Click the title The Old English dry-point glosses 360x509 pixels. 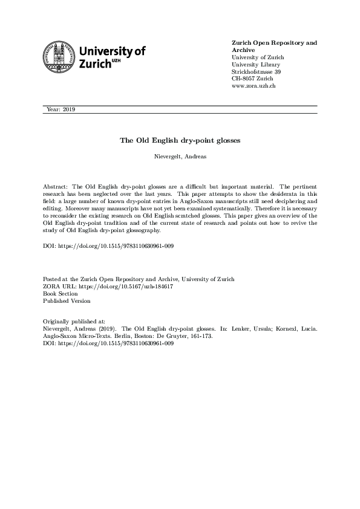tap(180, 140)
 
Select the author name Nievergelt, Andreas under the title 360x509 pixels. tap(180, 156)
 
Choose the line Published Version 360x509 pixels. tap(67, 300)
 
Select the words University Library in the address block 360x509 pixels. tap(256, 65)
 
